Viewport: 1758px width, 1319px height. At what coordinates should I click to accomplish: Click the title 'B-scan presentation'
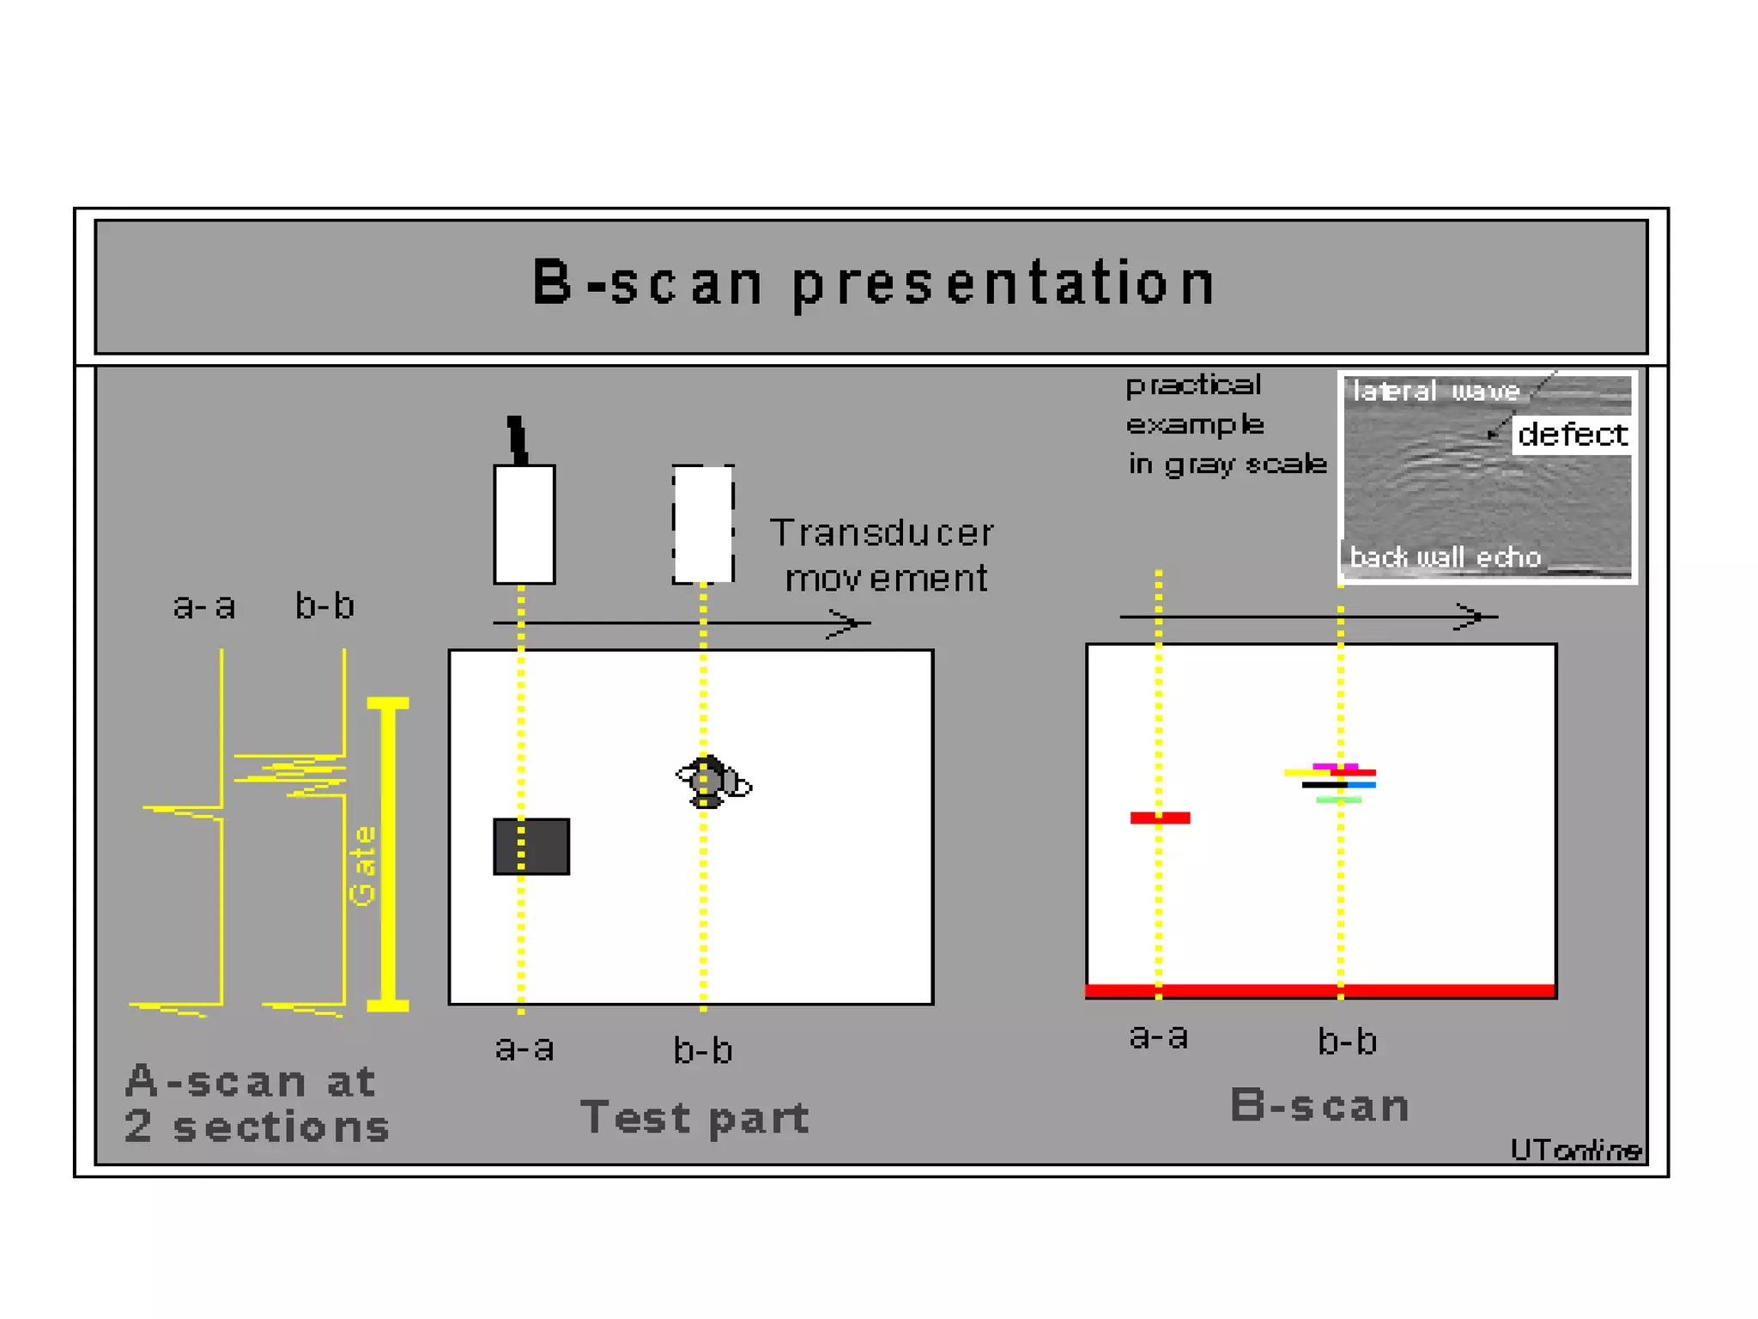[x=873, y=283]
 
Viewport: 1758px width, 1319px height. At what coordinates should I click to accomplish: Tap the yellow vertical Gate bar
[x=388, y=854]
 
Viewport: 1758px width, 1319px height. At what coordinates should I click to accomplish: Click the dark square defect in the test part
[x=531, y=847]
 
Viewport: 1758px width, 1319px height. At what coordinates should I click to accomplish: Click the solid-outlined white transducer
[x=524, y=525]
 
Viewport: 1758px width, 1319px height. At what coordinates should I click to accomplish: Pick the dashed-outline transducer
[x=703, y=525]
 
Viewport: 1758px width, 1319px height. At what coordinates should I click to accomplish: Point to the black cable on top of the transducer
[x=517, y=440]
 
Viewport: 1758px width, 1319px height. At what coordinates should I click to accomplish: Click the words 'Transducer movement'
[x=882, y=556]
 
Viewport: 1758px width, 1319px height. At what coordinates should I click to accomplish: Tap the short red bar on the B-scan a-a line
[x=1160, y=818]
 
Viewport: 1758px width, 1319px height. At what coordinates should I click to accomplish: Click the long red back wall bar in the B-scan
[x=1320, y=991]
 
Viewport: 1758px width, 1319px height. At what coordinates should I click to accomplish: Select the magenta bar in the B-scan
[x=1335, y=766]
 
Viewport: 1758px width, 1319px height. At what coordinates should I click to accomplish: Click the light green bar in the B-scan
[x=1338, y=800]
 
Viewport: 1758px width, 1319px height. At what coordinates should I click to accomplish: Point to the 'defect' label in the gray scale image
[x=1572, y=435]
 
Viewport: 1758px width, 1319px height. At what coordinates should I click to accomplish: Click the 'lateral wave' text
[x=1436, y=392]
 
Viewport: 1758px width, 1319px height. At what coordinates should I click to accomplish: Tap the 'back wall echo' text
[x=1446, y=558]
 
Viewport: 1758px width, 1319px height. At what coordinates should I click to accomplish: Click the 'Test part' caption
[x=694, y=1118]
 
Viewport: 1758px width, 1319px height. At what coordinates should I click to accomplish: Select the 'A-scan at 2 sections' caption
[x=256, y=1104]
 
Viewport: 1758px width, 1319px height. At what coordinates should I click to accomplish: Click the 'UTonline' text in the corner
[x=1575, y=1151]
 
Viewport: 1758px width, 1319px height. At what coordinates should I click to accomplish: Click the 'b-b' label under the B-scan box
[x=1347, y=1042]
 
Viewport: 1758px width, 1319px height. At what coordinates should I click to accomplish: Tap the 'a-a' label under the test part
[x=524, y=1049]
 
